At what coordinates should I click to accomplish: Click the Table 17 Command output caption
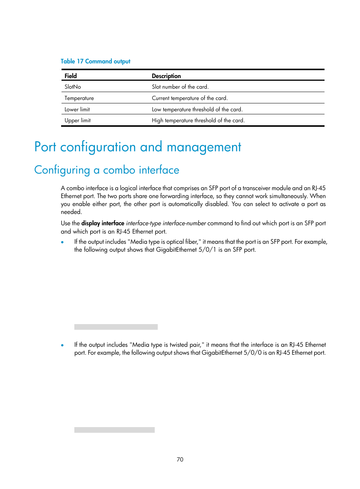click(x=95, y=61)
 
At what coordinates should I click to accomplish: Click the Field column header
click(x=71, y=76)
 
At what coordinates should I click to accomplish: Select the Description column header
click(x=166, y=76)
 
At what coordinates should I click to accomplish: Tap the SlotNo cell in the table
click(x=73, y=87)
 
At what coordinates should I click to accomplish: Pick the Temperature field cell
click(x=79, y=98)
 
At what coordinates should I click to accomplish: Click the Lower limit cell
click(x=77, y=109)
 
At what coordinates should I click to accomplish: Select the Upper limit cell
click(x=77, y=120)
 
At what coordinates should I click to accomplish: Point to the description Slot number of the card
click(x=180, y=87)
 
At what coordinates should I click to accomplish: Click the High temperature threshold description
click(x=198, y=120)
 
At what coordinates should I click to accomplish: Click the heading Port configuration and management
click(x=138, y=147)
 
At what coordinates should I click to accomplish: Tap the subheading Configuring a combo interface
click(x=107, y=170)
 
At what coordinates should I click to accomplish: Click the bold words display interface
click(x=103, y=223)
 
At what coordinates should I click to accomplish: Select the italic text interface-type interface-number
click(x=166, y=223)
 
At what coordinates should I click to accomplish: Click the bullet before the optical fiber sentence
click(x=62, y=242)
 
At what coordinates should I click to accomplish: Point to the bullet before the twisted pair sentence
click(x=62, y=345)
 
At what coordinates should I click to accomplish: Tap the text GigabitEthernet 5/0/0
click(x=231, y=353)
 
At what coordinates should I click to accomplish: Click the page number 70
click(x=180, y=459)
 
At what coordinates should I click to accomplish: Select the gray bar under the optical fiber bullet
click(x=116, y=327)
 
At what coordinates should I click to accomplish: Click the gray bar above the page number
click(x=114, y=430)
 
